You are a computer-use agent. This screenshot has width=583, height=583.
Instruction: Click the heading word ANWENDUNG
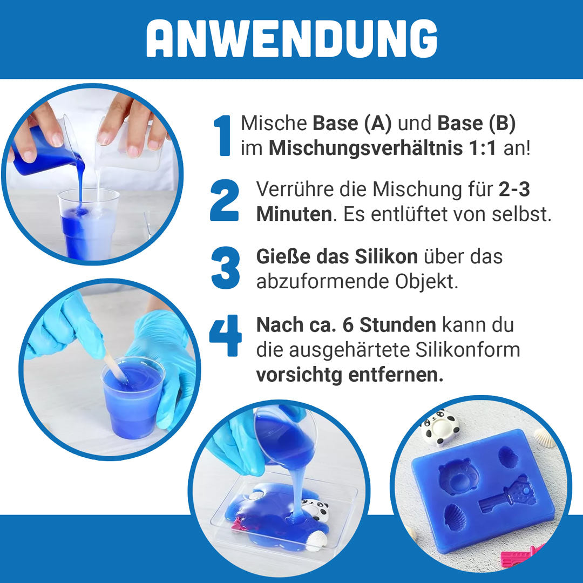click(x=291, y=39)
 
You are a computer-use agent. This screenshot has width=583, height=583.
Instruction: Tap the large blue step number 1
click(x=222, y=135)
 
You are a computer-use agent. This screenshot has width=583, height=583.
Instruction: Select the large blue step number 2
click(x=224, y=200)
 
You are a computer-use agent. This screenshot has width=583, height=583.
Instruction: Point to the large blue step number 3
click(x=225, y=268)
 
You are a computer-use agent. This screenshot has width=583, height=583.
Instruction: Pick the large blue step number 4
click(x=225, y=336)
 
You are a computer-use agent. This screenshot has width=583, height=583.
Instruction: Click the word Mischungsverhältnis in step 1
click(x=383, y=148)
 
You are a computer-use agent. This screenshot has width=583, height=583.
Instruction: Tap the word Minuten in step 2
click(x=294, y=214)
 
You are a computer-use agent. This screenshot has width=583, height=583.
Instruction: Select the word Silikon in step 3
click(x=386, y=256)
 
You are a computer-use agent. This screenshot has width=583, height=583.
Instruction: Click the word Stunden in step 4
click(x=397, y=325)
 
